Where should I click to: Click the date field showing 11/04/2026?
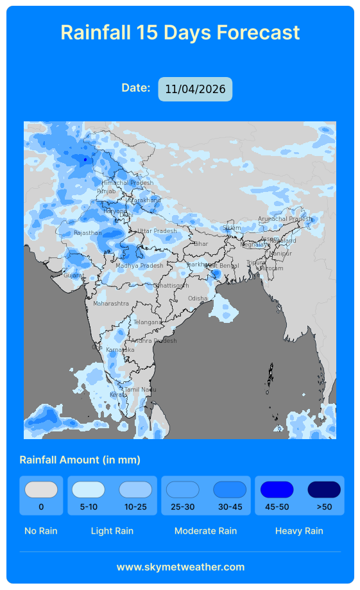coord(195,89)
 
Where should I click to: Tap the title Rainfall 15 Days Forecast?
coord(180,32)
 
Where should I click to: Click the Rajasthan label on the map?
coord(87,233)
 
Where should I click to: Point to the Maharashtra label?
coord(111,303)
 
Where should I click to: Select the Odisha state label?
coord(198,299)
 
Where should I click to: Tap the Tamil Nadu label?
coord(140,390)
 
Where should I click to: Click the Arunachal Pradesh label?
coord(284,219)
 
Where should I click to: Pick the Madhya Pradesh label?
coord(139,266)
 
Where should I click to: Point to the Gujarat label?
coord(73,275)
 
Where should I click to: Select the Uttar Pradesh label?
coord(157,231)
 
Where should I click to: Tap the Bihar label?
coord(201,244)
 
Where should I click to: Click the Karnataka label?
coord(120,350)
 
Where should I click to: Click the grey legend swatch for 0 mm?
coord(41,490)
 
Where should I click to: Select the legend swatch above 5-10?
coord(89,490)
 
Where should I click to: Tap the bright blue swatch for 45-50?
coord(277,490)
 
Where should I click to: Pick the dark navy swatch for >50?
coord(324,490)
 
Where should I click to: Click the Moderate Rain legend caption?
coord(205,531)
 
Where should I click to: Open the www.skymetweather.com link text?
coord(180,567)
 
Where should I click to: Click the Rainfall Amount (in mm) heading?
coord(80,460)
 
